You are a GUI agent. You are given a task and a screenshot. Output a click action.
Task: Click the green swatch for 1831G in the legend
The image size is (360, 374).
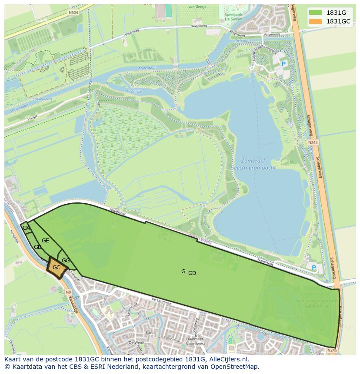(316, 13)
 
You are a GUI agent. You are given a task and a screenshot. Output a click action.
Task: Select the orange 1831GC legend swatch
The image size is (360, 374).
(316, 21)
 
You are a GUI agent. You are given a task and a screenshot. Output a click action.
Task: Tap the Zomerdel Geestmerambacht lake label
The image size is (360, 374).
(255, 164)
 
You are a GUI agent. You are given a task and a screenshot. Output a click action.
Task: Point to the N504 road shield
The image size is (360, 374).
(73, 13)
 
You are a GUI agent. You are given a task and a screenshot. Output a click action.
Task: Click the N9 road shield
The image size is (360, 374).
(68, 292)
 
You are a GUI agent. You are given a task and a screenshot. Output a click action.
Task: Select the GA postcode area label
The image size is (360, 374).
(26, 228)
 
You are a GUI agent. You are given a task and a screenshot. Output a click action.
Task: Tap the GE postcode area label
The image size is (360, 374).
(45, 240)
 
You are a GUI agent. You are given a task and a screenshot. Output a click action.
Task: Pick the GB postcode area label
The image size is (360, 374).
(37, 247)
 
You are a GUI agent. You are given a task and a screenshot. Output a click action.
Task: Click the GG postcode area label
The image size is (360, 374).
(66, 261)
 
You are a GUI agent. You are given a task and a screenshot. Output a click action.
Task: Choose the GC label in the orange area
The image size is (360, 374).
(56, 268)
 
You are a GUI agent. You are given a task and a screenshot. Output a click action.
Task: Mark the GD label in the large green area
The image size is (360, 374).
(192, 273)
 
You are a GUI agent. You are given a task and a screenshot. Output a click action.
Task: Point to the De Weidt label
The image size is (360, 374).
(136, 342)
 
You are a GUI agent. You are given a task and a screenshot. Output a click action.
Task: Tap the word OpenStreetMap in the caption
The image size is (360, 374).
(235, 367)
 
